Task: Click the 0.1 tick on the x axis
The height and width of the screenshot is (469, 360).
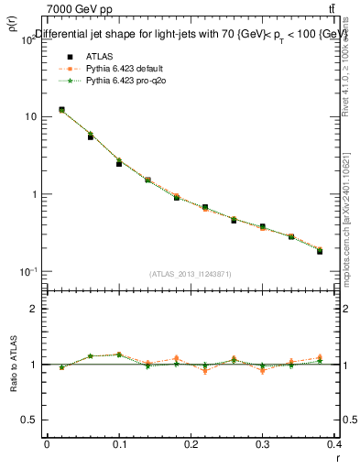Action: click(119, 444)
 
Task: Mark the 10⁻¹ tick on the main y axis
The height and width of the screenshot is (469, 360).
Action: click(27, 272)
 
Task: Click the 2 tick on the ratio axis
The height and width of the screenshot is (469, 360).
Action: click(34, 310)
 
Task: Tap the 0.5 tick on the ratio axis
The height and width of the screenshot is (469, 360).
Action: click(29, 420)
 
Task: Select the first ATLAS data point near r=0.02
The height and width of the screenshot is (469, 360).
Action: click(61, 110)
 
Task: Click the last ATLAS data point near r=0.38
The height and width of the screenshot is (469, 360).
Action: click(320, 251)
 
